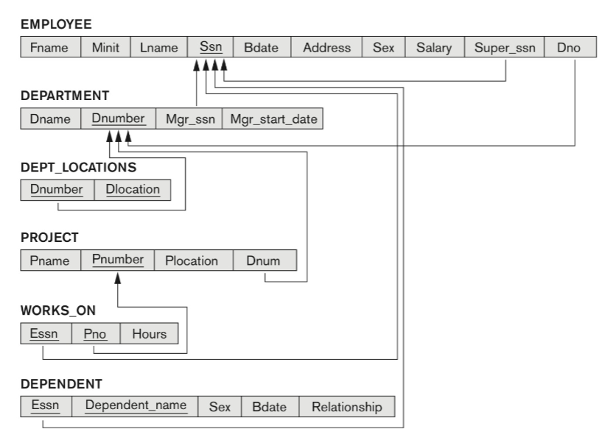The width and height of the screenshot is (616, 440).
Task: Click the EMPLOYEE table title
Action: click(x=56, y=24)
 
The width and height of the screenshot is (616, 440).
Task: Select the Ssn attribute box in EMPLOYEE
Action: click(x=211, y=47)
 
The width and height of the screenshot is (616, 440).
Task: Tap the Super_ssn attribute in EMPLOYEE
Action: click(x=505, y=47)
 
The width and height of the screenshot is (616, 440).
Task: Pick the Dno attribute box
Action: click(x=570, y=47)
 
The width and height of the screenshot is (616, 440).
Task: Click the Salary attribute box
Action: click(x=435, y=47)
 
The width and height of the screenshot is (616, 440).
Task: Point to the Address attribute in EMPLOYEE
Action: click(x=326, y=47)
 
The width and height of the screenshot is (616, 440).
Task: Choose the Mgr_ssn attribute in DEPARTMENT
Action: click(x=189, y=118)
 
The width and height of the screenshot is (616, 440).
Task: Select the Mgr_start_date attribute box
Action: click(x=273, y=118)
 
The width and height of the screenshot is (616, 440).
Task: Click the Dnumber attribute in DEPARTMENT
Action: click(x=118, y=118)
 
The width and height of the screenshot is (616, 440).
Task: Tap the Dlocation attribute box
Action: click(x=133, y=190)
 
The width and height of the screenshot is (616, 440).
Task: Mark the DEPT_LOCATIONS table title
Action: click(x=79, y=168)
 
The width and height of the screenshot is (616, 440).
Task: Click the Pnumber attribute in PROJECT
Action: click(x=118, y=260)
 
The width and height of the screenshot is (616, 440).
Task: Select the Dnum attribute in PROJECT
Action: click(x=265, y=260)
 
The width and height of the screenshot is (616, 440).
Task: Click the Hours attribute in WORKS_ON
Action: click(x=150, y=334)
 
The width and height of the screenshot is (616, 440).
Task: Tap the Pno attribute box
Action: click(x=96, y=334)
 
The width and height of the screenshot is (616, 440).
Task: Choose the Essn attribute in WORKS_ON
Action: click(x=46, y=334)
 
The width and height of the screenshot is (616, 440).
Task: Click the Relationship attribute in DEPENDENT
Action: click(x=347, y=406)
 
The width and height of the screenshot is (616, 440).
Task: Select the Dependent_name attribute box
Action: click(x=135, y=406)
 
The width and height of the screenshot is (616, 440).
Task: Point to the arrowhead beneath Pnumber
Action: click(x=117, y=278)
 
